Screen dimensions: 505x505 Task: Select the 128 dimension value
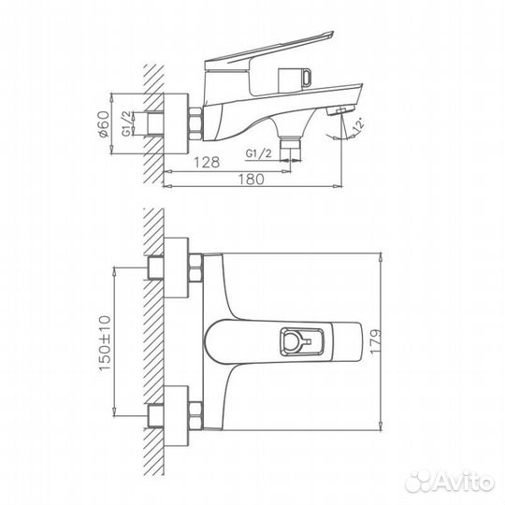[x=207, y=162]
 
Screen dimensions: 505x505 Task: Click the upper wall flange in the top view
[x=173, y=267]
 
